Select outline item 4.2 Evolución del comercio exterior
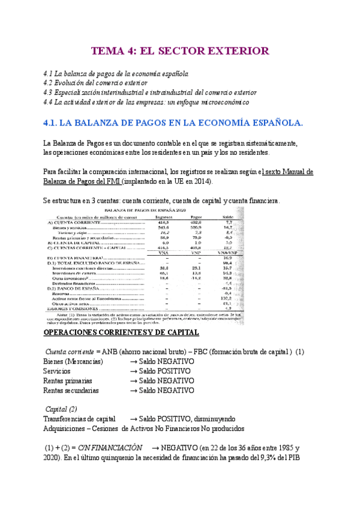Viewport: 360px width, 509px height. click(104, 83)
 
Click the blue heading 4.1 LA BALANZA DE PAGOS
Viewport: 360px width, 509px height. click(174, 123)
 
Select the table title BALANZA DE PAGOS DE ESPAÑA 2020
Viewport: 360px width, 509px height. click(145, 211)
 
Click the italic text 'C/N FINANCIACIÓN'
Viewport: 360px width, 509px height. click(111, 448)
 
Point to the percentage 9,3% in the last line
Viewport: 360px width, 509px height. click(281, 458)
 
